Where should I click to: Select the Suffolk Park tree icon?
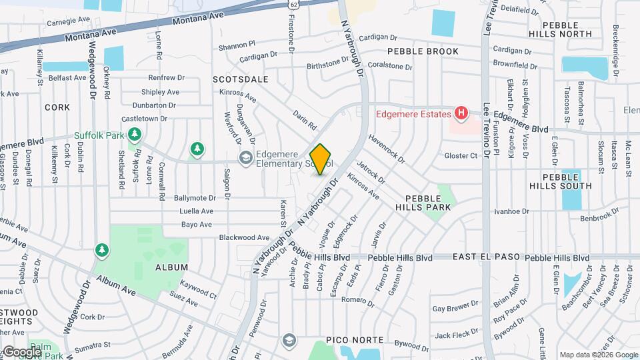pyautogui.click(x=135, y=135)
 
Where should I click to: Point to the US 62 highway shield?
pyautogui.click(x=293, y=4)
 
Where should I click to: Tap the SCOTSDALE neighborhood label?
pyautogui.click(x=240, y=79)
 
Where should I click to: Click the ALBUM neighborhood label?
pyautogui.click(x=167, y=267)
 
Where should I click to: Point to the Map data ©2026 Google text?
pyautogui.click(x=597, y=355)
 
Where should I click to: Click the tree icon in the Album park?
pyautogui.click(x=101, y=250)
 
